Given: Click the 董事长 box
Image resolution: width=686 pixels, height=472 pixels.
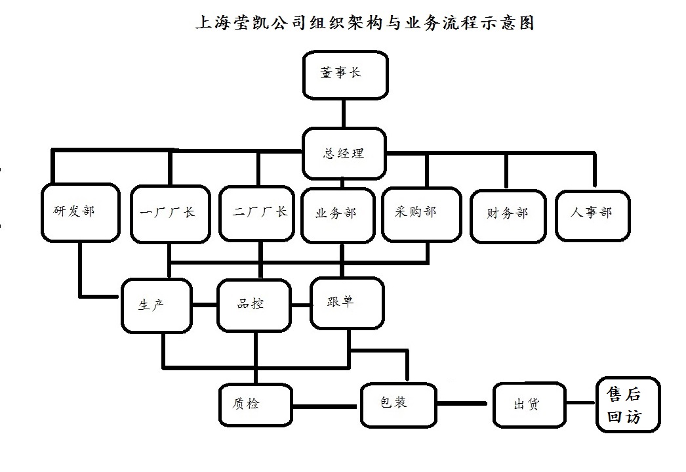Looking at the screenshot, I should pyautogui.click(x=344, y=75).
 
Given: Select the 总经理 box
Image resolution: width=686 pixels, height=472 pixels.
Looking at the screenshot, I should pyautogui.click(x=344, y=154).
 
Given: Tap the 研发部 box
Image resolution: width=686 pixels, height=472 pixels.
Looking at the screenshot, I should pyautogui.click(x=80, y=213).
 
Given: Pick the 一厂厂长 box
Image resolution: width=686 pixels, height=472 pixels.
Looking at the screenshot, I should pyautogui.click(x=169, y=213).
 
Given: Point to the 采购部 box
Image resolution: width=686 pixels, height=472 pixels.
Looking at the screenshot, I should pyautogui.click(x=418, y=213).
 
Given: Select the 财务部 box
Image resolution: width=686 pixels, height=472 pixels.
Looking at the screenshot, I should pyautogui.click(x=508, y=215).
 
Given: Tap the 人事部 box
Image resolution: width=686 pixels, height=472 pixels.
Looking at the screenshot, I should pyautogui.click(x=592, y=214).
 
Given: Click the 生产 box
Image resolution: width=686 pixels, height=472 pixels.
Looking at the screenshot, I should pyautogui.click(x=156, y=305).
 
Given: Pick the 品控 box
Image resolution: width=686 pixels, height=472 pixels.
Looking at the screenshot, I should pyautogui.click(x=253, y=305).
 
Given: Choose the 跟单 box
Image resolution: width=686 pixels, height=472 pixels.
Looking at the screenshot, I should pyautogui.click(x=346, y=303).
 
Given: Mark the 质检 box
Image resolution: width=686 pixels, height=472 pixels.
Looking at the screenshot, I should pyautogui.click(x=254, y=404).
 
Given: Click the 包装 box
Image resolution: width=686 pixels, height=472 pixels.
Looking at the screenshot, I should pyautogui.click(x=398, y=403).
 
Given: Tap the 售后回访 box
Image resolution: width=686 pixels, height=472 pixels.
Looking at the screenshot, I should pyautogui.click(x=627, y=405).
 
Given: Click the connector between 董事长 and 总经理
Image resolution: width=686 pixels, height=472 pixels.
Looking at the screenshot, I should pyautogui.click(x=343, y=113).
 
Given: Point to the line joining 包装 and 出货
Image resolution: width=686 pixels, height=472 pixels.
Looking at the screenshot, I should pyautogui.click(x=464, y=404).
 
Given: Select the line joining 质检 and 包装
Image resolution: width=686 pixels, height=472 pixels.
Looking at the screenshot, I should pyautogui.click(x=326, y=405).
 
